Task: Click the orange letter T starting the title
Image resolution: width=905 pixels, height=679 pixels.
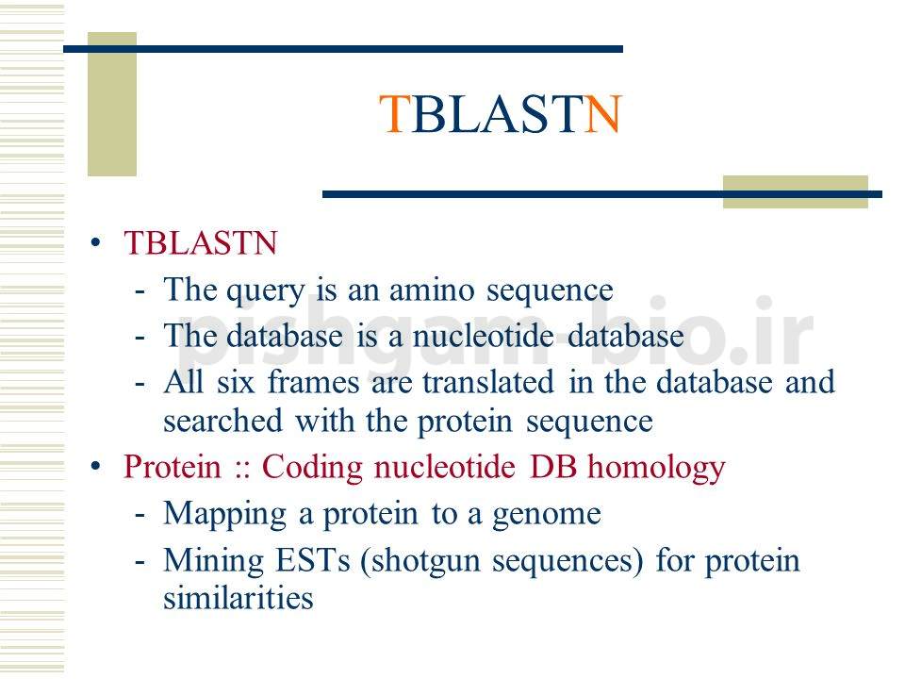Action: point(395,115)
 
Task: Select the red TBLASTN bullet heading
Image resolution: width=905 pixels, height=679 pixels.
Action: point(201,243)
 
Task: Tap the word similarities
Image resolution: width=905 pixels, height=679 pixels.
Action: point(238,598)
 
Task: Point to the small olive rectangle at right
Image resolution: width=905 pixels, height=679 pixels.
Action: point(795,191)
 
